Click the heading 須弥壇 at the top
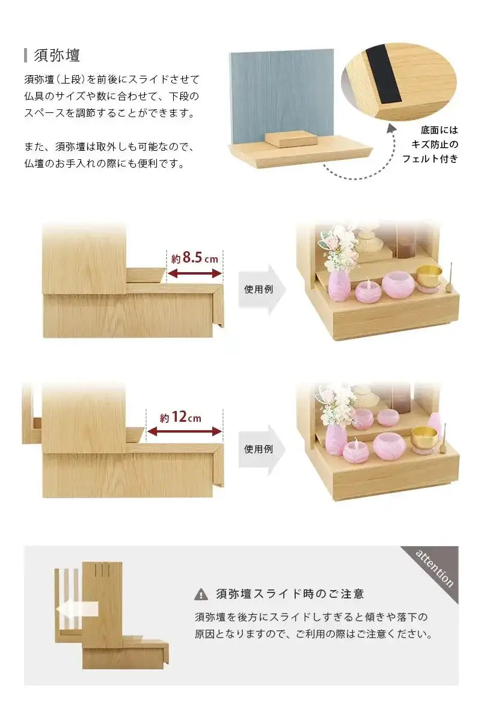point(58,55)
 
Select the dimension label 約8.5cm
point(194,258)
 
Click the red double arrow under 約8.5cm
point(194,274)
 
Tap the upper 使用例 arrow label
point(259,289)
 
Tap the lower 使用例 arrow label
point(259,448)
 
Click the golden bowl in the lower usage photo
point(424,436)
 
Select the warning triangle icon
point(201,595)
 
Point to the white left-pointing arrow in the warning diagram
point(76,610)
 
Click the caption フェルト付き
point(430,159)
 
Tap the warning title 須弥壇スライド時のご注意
point(290,594)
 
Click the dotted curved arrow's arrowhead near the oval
point(391,127)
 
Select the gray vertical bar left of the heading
point(26,55)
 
